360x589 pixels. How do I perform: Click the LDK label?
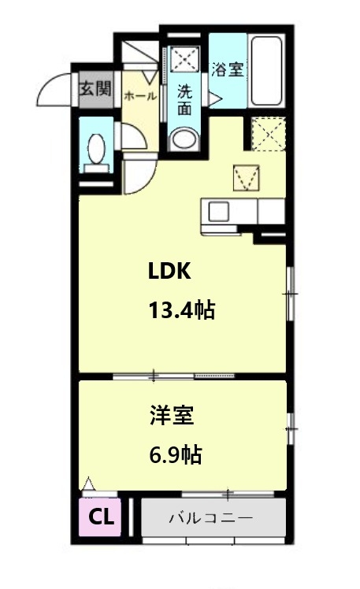(169, 270)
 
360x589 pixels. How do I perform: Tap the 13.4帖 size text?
(182, 310)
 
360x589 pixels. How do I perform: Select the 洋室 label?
(172, 415)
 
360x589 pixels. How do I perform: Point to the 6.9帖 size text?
(176, 454)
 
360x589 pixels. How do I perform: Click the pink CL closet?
(100, 517)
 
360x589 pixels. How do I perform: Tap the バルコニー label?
(211, 518)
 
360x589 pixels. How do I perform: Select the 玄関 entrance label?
(96, 90)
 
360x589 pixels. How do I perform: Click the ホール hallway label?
(140, 96)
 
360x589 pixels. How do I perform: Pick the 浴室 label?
(228, 69)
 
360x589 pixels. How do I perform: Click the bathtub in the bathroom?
(266, 71)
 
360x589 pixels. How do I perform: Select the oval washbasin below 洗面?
(184, 139)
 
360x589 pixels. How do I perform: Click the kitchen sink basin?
(218, 212)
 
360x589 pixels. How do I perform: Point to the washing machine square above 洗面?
(184, 59)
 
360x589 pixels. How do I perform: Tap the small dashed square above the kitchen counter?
(246, 178)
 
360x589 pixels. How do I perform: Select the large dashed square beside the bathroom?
(269, 134)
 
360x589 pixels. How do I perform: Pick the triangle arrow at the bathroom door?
(215, 98)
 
